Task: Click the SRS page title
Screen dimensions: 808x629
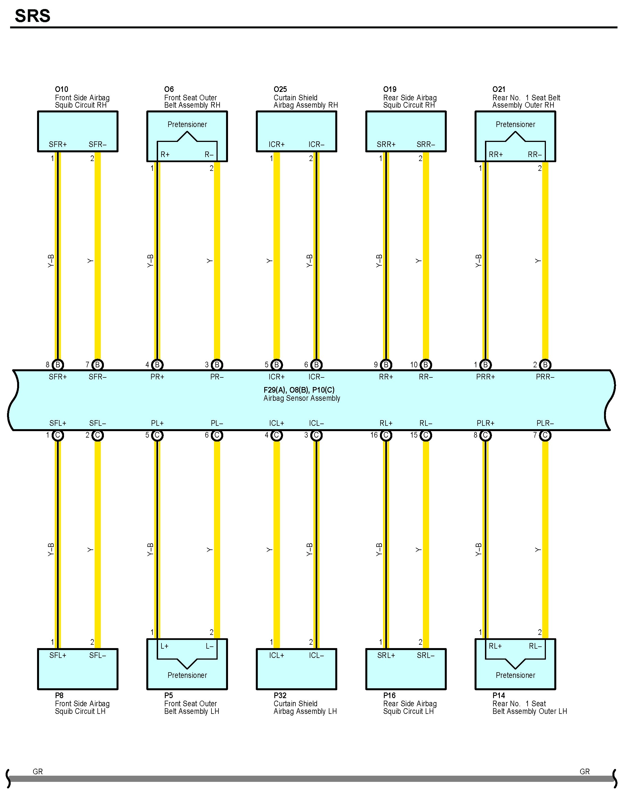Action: click(x=33, y=16)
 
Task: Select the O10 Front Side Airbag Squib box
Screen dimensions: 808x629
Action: click(x=78, y=131)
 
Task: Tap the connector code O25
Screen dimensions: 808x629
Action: click(x=280, y=89)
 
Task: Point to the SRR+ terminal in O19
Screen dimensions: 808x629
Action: click(x=386, y=144)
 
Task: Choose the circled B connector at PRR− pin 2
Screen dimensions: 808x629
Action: click(x=545, y=365)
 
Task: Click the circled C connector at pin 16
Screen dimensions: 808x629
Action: click(x=386, y=435)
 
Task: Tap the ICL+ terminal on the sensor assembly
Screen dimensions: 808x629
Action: click(x=276, y=423)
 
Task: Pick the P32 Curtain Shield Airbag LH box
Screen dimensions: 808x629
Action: click(x=297, y=669)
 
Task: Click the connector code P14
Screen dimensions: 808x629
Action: click(x=498, y=696)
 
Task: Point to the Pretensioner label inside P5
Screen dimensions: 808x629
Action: click(x=187, y=675)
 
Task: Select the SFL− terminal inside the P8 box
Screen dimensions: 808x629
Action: click(x=97, y=655)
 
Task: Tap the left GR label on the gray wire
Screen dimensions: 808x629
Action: click(x=38, y=771)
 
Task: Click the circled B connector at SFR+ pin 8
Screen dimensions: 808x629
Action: click(x=58, y=365)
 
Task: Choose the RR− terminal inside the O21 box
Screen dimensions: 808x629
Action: click(x=535, y=155)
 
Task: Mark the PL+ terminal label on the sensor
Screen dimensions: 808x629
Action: click(x=157, y=423)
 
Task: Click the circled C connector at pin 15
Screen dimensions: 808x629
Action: click(x=426, y=435)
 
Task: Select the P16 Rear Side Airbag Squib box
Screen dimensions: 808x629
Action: click(x=406, y=669)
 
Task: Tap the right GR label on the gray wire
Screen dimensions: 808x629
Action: click(x=585, y=771)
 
